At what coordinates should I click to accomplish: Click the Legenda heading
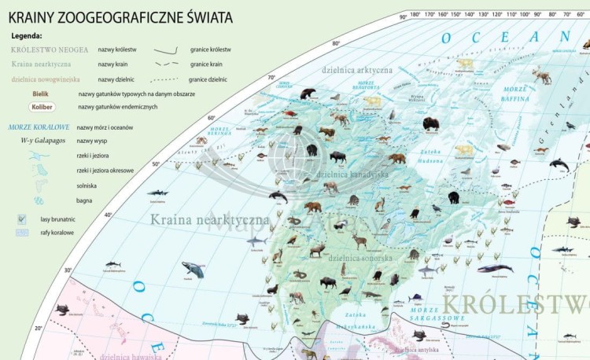(27, 35)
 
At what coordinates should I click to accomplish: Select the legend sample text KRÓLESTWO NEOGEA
(50, 50)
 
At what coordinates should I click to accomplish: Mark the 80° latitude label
(336, 44)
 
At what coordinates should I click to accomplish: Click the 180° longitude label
(415, 14)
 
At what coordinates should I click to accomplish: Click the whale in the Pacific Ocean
(193, 269)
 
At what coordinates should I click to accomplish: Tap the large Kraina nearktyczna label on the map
(210, 220)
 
